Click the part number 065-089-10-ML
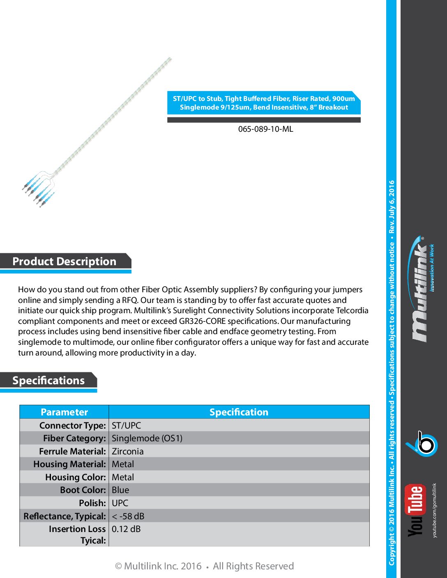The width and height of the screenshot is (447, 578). pos(265,129)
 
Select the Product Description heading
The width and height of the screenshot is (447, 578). pos(65,261)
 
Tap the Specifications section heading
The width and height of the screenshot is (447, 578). pos(48,381)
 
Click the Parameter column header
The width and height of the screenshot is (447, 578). pos(64,412)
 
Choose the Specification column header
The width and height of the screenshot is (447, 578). pos(239,412)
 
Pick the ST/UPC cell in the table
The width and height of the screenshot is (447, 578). pos(126,425)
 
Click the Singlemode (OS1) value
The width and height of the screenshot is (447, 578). pos(147,438)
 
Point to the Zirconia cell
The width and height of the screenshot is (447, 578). pos(128,451)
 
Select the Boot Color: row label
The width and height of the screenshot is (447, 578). pos(83,490)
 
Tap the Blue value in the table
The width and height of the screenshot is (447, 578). pos(120,490)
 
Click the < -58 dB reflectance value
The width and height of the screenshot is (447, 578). pos(128,516)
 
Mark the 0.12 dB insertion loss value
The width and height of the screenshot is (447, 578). pos(126,529)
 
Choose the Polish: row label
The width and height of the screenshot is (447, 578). pos(92,503)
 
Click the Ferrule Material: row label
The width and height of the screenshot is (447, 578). pos(73,451)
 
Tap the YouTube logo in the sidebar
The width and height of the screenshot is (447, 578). pos(415,510)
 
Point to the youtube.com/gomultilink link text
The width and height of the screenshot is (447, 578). pos(435,510)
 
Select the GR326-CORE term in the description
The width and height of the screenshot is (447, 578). pos(202,321)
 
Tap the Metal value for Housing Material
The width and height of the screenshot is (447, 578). pos(123,464)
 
